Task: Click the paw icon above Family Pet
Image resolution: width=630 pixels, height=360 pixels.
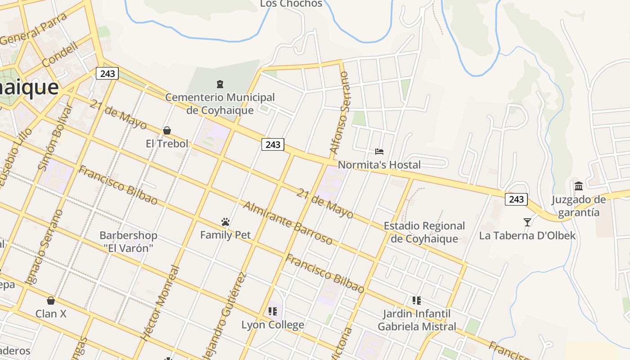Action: tap(225, 222)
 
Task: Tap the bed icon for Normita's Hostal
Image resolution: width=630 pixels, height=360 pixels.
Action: tap(379, 152)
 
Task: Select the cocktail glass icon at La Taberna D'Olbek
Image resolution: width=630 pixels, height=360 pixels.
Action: tap(527, 222)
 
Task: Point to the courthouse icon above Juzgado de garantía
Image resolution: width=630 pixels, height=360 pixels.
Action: tap(579, 186)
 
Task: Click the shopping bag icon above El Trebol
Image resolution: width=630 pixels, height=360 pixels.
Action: tap(167, 130)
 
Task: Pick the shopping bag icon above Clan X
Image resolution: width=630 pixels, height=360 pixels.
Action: tap(51, 300)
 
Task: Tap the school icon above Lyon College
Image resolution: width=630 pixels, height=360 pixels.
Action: tap(272, 311)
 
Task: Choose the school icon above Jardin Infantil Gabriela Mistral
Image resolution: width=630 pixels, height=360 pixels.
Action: tap(417, 300)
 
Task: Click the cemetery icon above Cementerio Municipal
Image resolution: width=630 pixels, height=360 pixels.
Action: tap(220, 84)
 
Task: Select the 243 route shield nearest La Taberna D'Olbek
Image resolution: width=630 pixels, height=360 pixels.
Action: tap(516, 199)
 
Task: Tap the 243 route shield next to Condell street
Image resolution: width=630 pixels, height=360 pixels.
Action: tap(107, 73)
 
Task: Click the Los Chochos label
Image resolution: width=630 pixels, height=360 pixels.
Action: tap(291, 4)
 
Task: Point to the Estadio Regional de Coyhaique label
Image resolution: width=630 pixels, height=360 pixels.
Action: tap(424, 232)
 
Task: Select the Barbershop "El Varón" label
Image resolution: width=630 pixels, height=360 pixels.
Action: tap(128, 242)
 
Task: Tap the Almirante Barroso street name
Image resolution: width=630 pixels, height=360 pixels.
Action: tap(288, 223)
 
